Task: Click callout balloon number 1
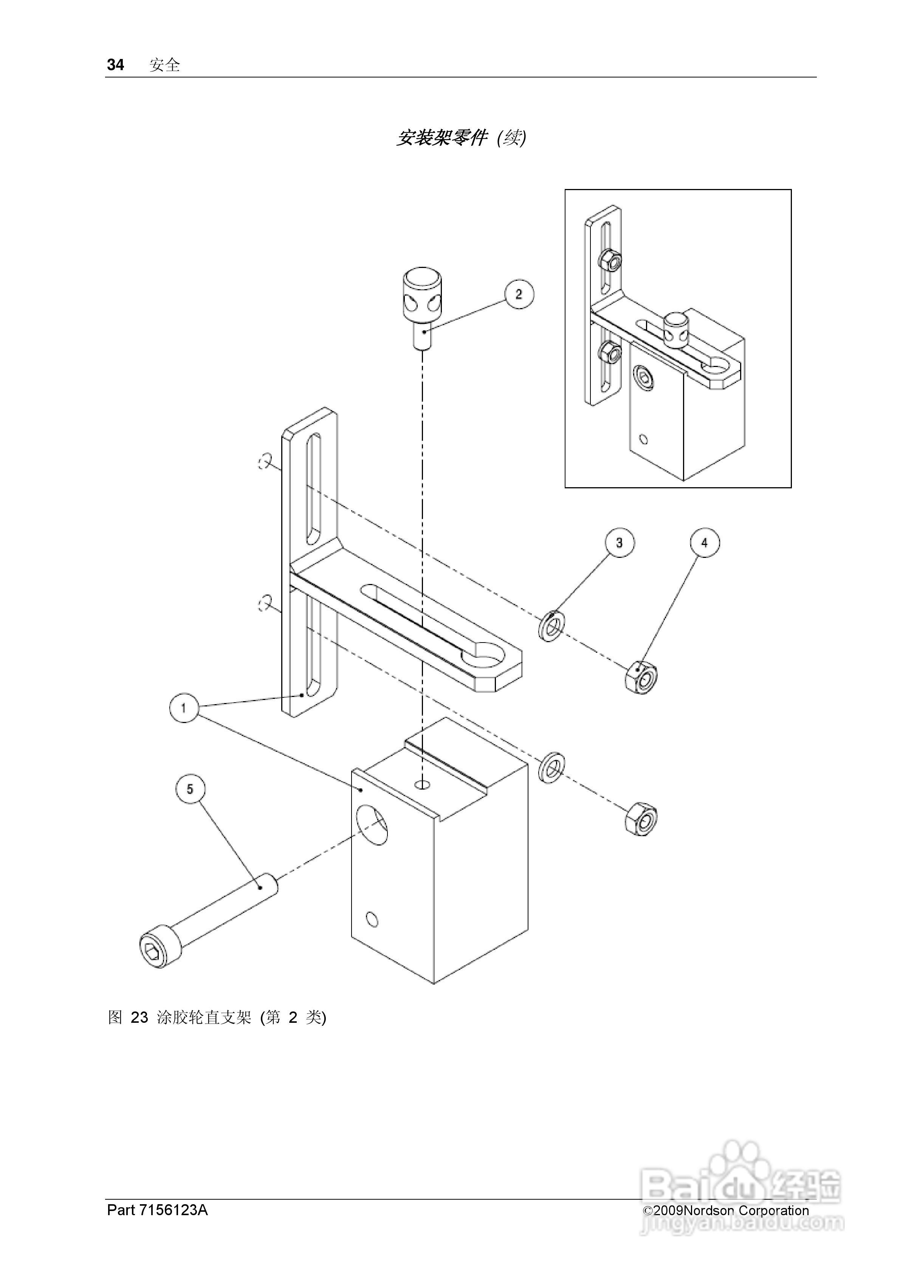pyautogui.click(x=184, y=708)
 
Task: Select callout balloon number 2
pyautogui.click(x=519, y=294)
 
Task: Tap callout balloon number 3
pyautogui.click(x=620, y=542)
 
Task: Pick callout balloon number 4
pyautogui.click(x=705, y=542)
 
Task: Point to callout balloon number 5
pyautogui.click(x=190, y=789)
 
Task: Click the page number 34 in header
pyautogui.click(x=115, y=65)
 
